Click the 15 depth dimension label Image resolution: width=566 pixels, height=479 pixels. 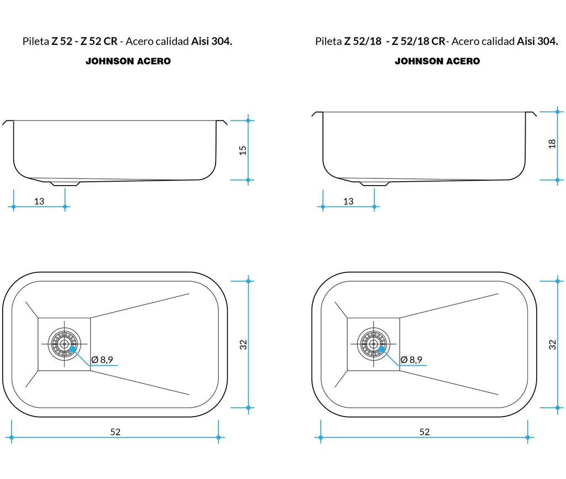[x=243, y=150]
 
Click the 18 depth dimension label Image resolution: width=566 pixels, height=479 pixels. [x=552, y=144]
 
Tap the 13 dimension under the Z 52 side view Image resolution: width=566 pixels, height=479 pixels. [x=39, y=201]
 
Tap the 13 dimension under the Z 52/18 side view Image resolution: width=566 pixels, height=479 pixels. [x=348, y=201]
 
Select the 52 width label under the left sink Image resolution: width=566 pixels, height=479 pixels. [x=115, y=431]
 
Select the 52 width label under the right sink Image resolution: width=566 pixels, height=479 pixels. [x=424, y=431]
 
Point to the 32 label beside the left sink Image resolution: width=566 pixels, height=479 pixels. [x=243, y=345]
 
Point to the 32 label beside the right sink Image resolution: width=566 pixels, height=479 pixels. [x=552, y=345]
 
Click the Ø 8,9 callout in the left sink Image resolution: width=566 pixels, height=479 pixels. [x=102, y=360]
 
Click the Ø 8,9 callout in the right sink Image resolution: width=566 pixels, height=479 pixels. [x=411, y=360]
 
